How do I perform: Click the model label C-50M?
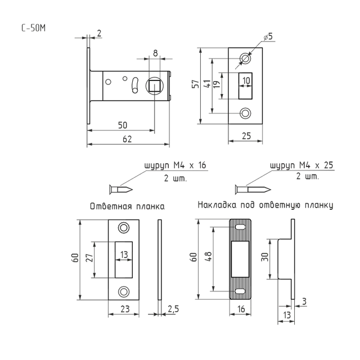[34, 28]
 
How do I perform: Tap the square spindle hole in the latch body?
[155, 86]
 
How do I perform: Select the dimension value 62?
[127, 139]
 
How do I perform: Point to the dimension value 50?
[123, 125]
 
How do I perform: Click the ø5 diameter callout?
[268, 37]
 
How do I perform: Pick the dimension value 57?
[196, 84]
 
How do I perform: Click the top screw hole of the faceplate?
[245, 58]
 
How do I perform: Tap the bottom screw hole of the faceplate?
[245, 113]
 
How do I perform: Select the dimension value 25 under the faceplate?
[246, 136]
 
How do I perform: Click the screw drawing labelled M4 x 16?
[121, 190]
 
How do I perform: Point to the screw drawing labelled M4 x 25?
[253, 190]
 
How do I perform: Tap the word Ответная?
[111, 206]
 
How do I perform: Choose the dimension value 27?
[89, 258]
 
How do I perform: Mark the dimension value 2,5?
[173, 309]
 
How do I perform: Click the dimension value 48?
[208, 256]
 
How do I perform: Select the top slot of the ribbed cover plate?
[240, 227]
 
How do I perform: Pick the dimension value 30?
[265, 256]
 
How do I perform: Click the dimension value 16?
[241, 309]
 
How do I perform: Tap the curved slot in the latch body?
[135, 85]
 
